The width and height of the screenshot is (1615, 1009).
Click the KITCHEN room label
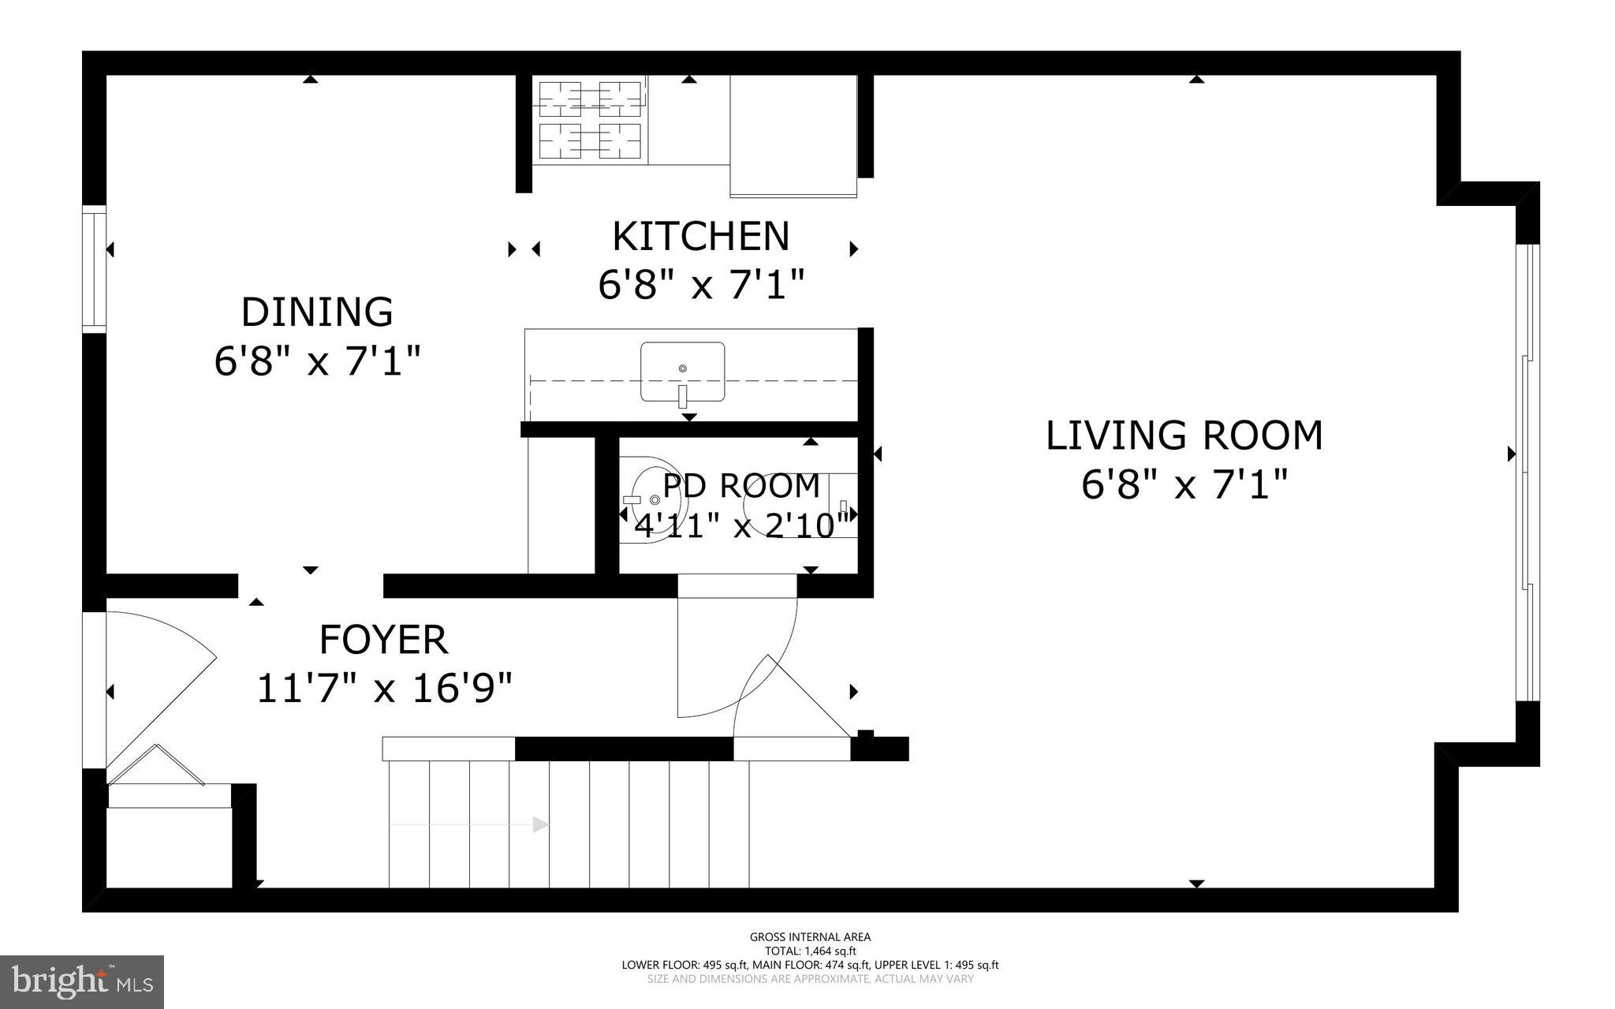click(x=700, y=236)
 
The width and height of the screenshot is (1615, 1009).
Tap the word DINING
click(x=317, y=312)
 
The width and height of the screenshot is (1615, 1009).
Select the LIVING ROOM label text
click(x=1184, y=435)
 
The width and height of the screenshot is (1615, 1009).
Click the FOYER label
click(x=383, y=639)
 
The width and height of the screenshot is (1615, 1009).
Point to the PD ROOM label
click(x=741, y=486)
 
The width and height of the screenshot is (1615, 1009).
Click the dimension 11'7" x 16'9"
click(x=384, y=689)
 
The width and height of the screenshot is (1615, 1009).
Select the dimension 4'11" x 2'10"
click(x=741, y=525)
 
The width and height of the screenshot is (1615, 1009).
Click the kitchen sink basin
click(x=682, y=371)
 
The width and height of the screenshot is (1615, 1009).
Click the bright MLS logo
click(x=82, y=981)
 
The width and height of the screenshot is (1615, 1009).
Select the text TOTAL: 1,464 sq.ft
click(x=810, y=951)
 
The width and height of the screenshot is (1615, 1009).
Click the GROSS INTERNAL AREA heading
click(x=810, y=937)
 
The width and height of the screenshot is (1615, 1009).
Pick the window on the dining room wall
click(x=95, y=268)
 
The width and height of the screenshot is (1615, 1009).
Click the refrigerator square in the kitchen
click(x=793, y=136)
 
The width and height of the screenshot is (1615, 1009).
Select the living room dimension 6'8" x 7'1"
click(x=1184, y=484)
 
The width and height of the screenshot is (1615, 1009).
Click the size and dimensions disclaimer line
click(x=810, y=979)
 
